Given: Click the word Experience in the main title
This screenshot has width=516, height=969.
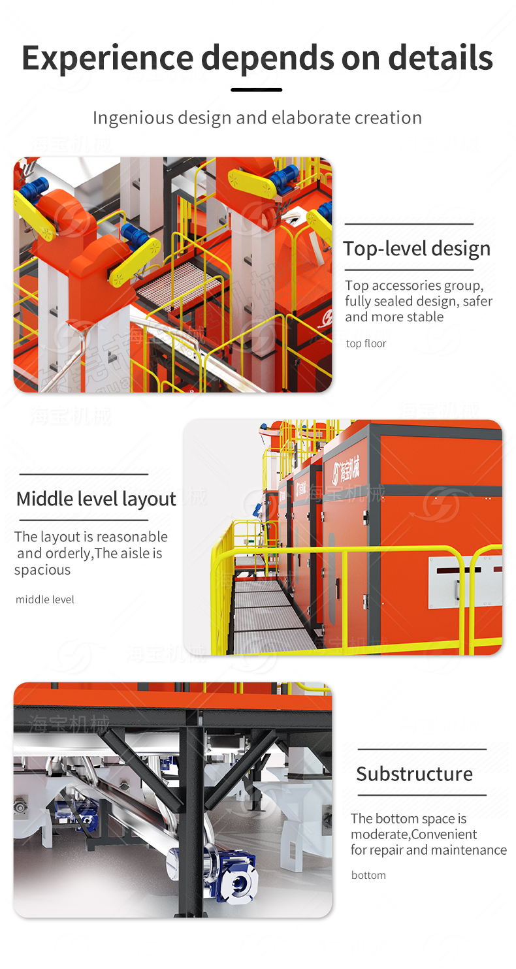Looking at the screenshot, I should (x=107, y=59).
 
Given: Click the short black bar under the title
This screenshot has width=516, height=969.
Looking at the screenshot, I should (x=257, y=90).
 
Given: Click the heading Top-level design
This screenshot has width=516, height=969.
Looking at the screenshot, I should (x=417, y=249).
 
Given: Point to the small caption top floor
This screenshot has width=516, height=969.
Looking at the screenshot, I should (x=366, y=343).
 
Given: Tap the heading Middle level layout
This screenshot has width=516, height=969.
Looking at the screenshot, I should (x=96, y=499).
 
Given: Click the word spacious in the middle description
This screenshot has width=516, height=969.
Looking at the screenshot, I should (x=42, y=570).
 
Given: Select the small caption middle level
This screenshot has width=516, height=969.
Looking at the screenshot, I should (x=45, y=599).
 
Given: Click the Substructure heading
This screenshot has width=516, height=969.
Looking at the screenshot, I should (x=414, y=774).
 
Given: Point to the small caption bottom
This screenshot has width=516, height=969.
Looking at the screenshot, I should (x=368, y=875).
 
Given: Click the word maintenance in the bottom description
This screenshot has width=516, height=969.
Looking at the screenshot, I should (x=468, y=850).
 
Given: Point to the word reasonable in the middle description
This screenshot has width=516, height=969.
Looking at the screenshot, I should (x=133, y=537).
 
